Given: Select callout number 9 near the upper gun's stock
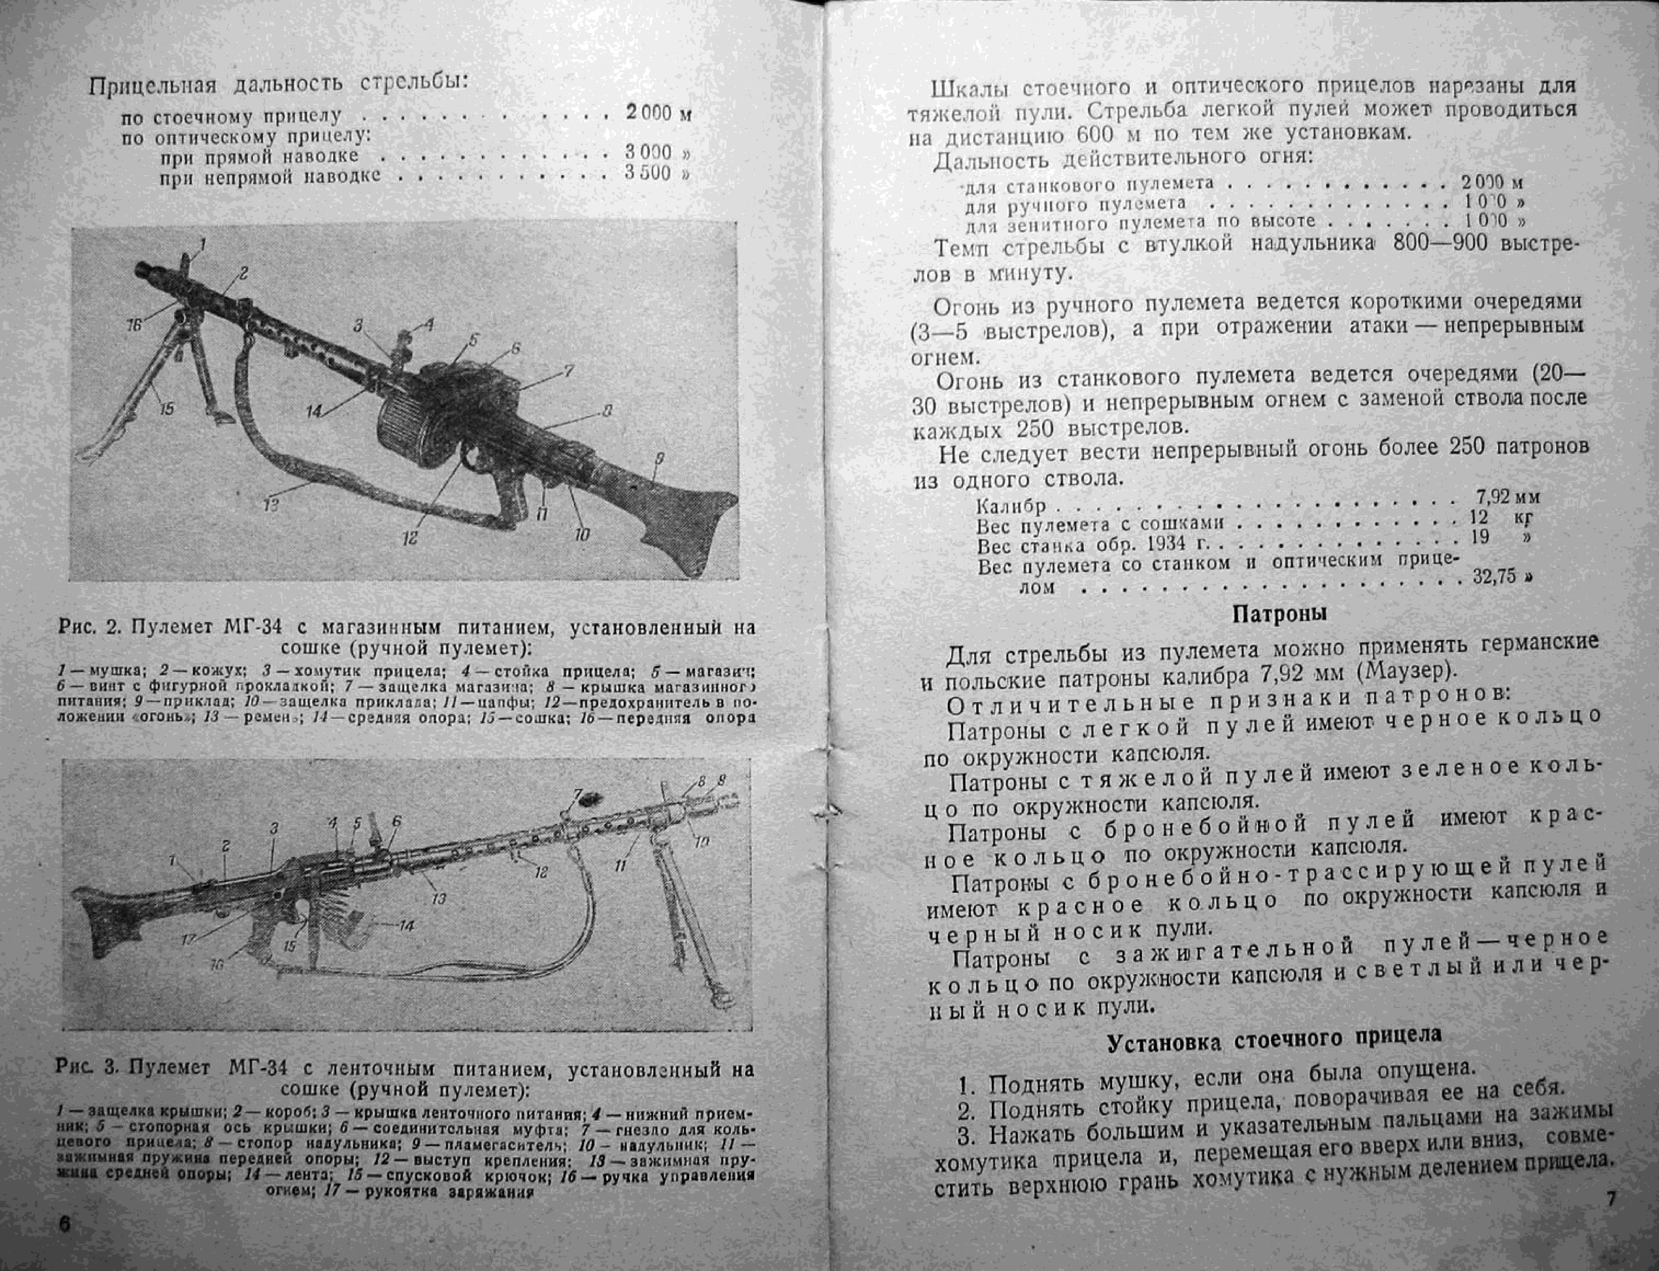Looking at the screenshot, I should [659, 458].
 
